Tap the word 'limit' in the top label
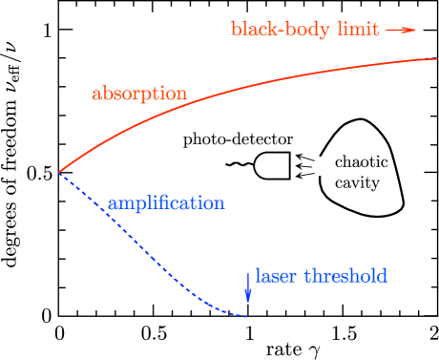pos(357,30)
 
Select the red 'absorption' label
pos(139,95)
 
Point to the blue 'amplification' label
pos(166,203)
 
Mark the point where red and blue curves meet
pos(58,173)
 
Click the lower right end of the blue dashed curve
pos(249,316)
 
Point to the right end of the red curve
pos(436,59)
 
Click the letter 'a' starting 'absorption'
pos(96,95)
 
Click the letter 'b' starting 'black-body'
pos(236,30)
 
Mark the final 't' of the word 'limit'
pos(375,30)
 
